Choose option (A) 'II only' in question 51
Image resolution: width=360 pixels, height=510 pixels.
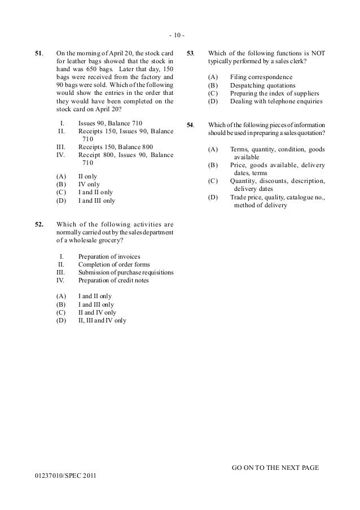click(x=87, y=176)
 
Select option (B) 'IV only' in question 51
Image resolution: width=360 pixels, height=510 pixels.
click(x=88, y=184)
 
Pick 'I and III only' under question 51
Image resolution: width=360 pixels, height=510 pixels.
click(x=96, y=200)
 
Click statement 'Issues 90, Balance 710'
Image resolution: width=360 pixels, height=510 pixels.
click(x=110, y=123)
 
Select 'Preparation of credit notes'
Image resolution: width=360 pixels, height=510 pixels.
click(x=113, y=280)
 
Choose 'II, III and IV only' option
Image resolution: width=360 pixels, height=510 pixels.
click(x=102, y=320)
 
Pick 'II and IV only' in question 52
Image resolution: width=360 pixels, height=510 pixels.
click(x=97, y=312)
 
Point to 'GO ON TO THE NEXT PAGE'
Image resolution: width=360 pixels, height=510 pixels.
click(x=275, y=468)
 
